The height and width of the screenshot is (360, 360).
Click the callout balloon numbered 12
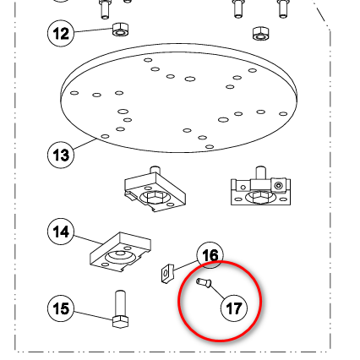61,33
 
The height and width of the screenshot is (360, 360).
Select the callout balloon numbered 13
61,155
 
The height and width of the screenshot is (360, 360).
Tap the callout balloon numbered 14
61,232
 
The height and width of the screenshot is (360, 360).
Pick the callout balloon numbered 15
61,308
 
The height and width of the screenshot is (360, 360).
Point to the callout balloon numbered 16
210,255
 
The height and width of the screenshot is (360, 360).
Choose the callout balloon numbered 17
234,308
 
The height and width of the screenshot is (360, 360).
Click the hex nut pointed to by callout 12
121,30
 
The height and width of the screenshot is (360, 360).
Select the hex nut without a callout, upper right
260,33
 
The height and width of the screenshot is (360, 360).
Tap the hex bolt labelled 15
120,309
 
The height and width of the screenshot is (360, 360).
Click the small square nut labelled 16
167,273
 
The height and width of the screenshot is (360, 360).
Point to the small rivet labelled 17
204,282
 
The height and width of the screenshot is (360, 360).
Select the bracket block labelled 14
120,253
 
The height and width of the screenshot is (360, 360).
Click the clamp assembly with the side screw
260,186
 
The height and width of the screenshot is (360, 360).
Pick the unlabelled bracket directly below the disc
155,189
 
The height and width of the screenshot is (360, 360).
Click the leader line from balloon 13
85,144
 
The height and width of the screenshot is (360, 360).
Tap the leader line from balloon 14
88,240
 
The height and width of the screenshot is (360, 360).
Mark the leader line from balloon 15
93,315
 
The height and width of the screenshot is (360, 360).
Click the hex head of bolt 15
120,322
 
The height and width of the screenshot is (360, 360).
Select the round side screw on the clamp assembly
279,186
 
